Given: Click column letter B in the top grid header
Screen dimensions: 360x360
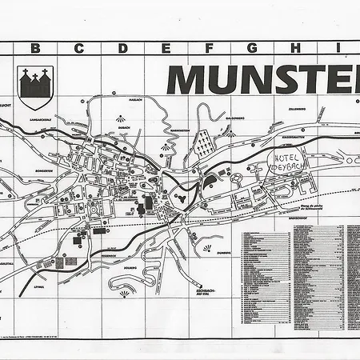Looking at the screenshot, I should click(34, 48).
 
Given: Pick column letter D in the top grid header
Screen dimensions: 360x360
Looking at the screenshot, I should click(122, 48).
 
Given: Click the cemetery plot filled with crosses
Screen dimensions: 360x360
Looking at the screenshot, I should click(204, 144).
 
